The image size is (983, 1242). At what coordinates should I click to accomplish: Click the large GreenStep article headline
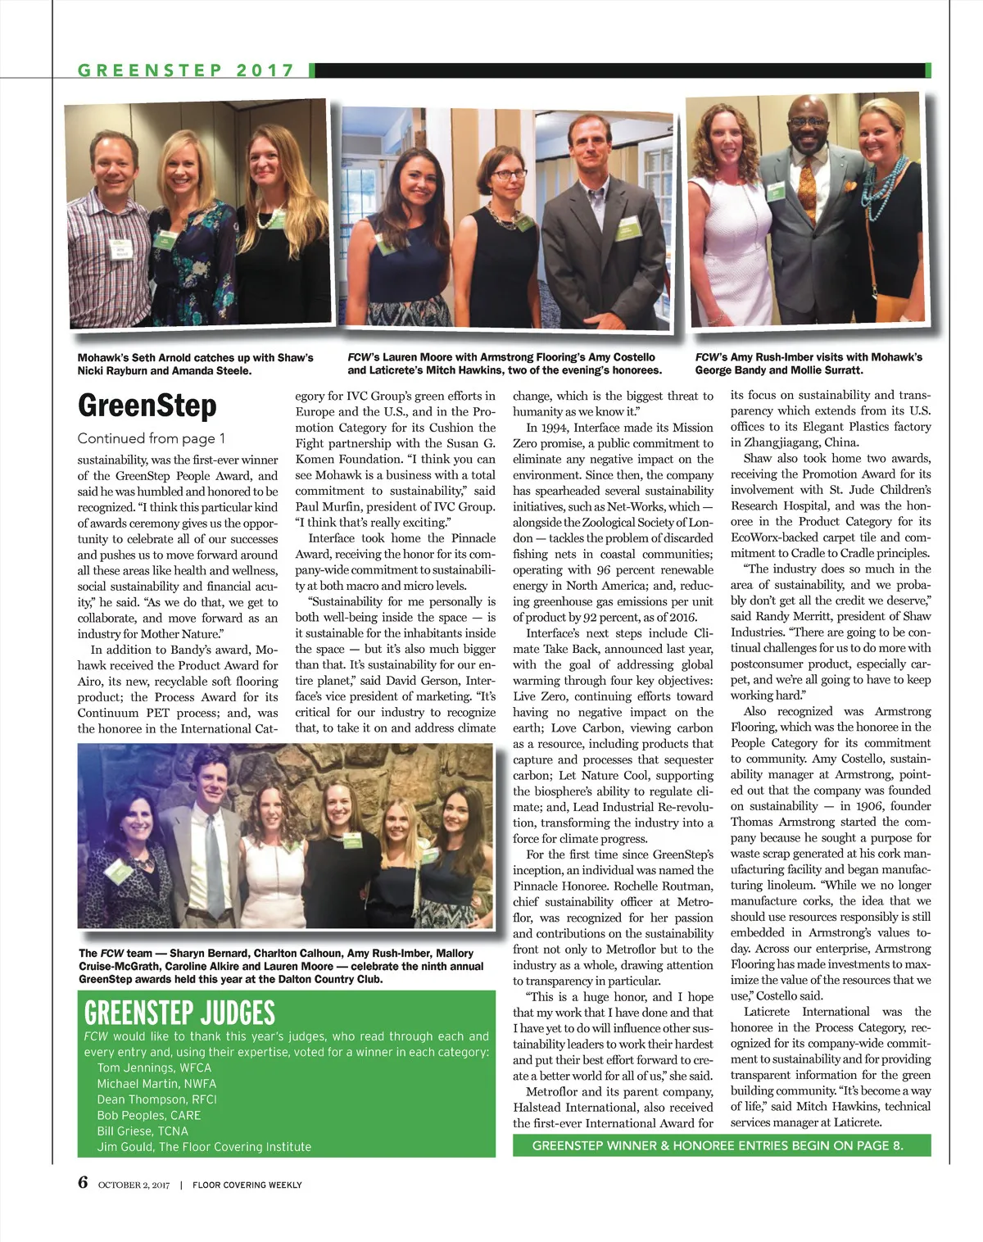(x=147, y=406)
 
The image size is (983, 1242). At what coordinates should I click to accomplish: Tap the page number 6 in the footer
(x=83, y=1182)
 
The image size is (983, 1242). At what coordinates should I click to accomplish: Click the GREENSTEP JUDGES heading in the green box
(x=179, y=1013)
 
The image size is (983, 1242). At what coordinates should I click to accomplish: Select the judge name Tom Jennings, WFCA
(x=154, y=1067)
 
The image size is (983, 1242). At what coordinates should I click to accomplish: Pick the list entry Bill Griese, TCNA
(x=143, y=1131)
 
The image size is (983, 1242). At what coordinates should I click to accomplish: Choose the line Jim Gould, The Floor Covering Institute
(x=204, y=1147)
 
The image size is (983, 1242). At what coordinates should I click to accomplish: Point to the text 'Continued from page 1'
(x=152, y=438)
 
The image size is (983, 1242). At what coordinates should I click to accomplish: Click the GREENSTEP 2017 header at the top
(x=186, y=70)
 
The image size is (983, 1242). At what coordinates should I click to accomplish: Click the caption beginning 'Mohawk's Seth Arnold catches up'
(x=195, y=364)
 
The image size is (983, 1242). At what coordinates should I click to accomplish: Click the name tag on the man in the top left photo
(x=121, y=247)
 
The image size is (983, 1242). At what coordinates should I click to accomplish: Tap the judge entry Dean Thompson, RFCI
(x=156, y=1099)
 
